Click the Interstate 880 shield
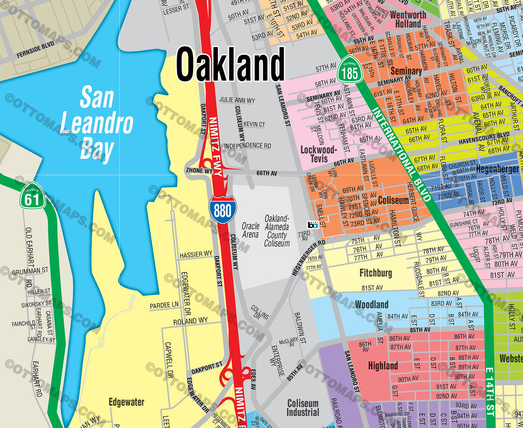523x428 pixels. point(222,209)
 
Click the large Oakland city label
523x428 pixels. point(231,64)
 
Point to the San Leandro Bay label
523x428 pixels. point(97,124)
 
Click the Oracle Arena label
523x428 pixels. point(251,230)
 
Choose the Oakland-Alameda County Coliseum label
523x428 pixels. point(277,231)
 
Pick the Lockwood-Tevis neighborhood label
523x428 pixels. point(319,154)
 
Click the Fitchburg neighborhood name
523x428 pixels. point(375,274)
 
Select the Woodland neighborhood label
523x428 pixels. point(371,304)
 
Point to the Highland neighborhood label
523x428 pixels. point(383,366)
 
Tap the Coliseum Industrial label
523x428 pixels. point(303,407)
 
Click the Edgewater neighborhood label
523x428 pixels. point(126,402)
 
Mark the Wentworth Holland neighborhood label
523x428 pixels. point(408,19)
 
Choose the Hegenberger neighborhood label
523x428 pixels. point(497,169)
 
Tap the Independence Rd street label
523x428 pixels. point(248,145)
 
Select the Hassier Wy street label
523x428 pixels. point(197,253)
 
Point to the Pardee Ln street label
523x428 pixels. point(164,304)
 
